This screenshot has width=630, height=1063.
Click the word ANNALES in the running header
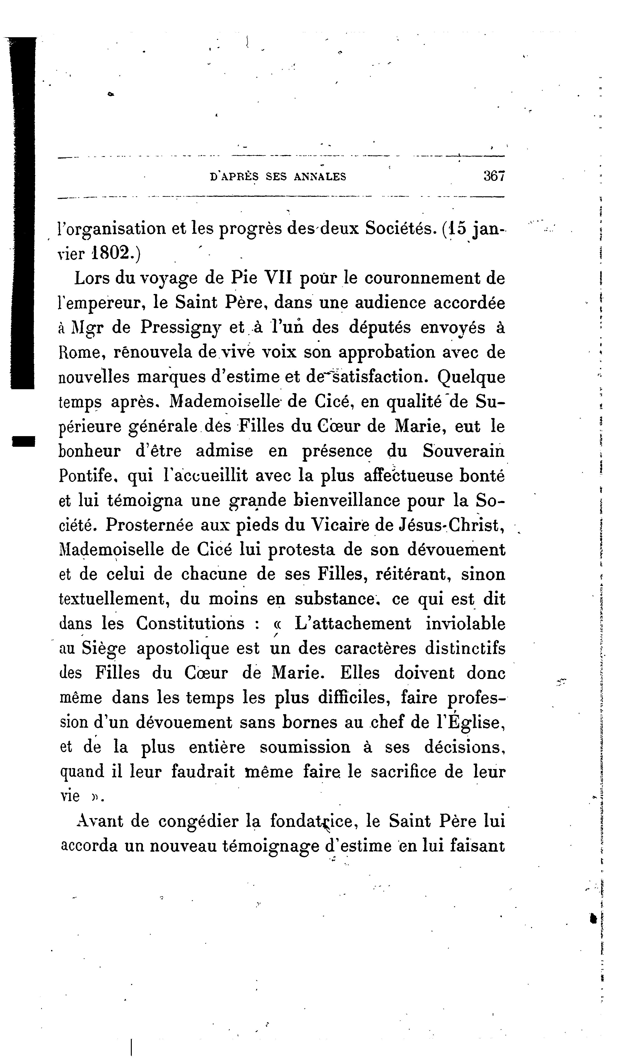coord(320,176)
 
